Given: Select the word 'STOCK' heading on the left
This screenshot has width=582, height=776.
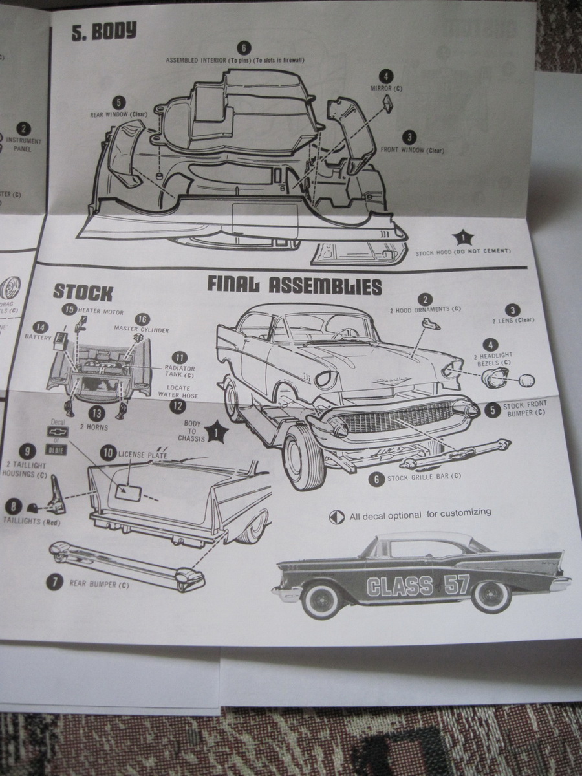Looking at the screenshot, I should (83, 292).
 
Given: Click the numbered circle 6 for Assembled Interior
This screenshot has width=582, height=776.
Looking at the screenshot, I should (243, 48).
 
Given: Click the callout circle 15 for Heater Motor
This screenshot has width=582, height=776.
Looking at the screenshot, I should (69, 310).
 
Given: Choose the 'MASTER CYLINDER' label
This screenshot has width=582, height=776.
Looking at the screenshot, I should (142, 330).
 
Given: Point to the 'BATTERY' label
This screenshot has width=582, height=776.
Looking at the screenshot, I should (38, 337).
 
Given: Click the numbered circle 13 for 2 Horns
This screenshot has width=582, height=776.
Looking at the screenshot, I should (97, 413).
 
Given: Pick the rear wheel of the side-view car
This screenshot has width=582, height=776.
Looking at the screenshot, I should (491, 596).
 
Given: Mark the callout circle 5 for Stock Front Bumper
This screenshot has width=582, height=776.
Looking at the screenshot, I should (493, 409).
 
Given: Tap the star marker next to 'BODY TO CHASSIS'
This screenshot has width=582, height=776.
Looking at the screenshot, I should (217, 429).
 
